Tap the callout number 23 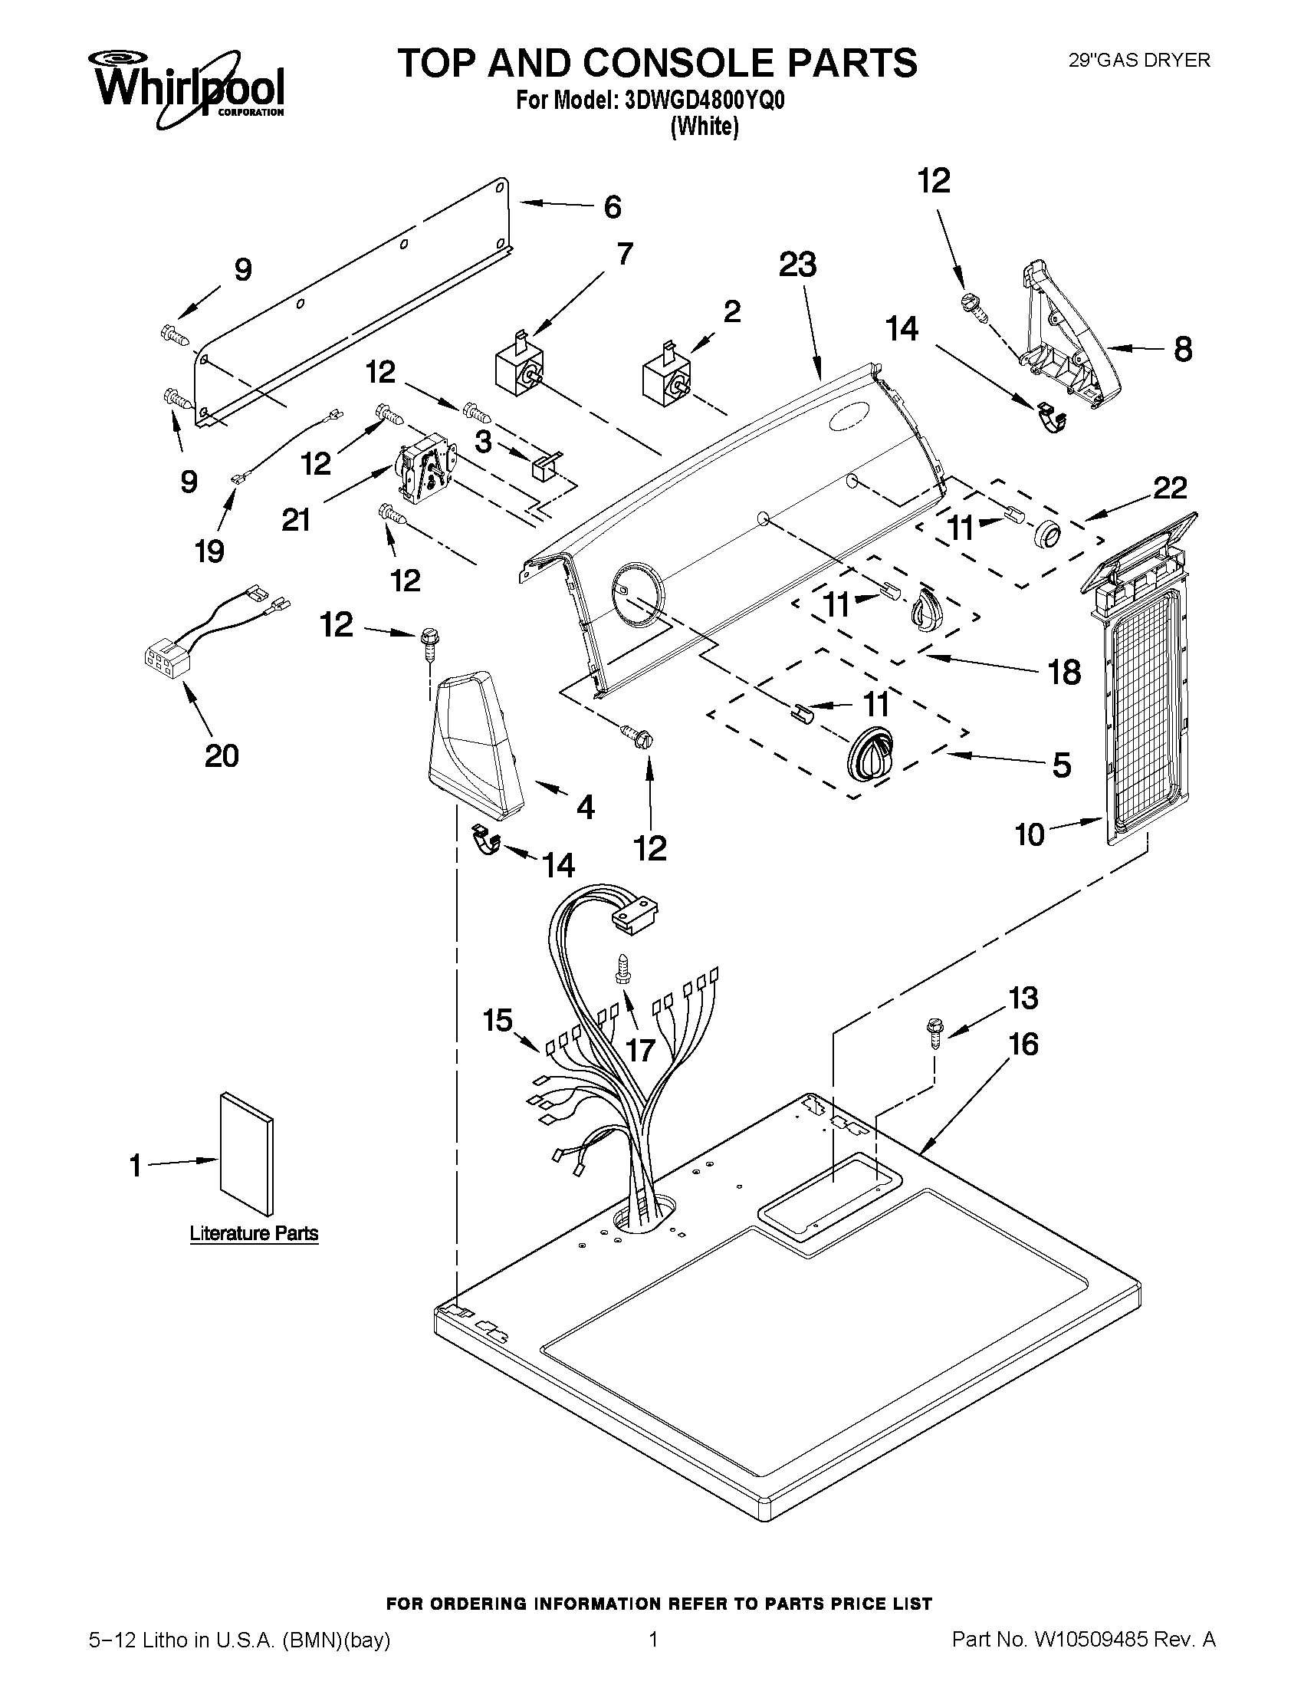797,265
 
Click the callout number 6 612,207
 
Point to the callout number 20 221,755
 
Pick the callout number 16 1023,1045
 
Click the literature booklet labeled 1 245,1154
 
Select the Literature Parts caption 255,1233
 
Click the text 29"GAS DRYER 1138,61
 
